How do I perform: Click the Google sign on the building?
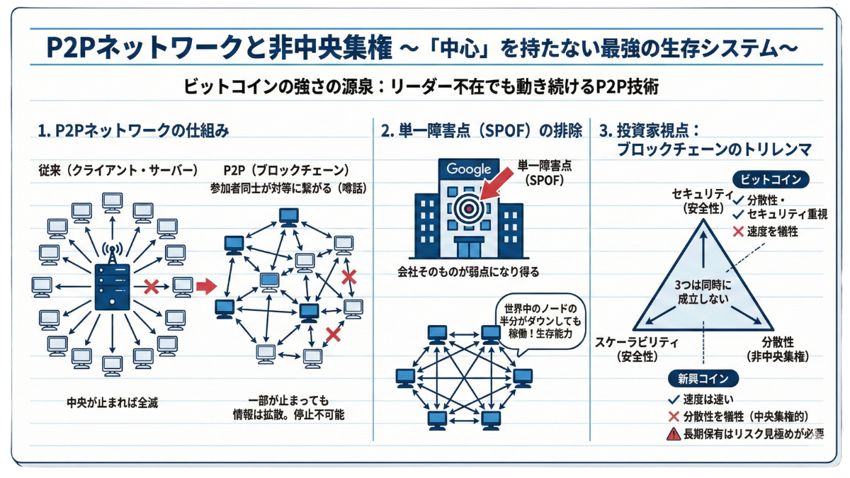point(468,169)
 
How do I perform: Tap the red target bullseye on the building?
point(468,206)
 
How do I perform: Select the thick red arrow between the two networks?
point(205,287)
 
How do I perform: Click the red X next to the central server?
point(151,287)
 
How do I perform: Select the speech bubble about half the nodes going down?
point(540,321)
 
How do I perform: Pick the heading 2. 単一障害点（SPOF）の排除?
point(482,131)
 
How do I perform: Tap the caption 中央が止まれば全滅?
point(110,402)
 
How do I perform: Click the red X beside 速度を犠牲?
point(739,231)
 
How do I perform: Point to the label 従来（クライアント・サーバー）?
point(119,171)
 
